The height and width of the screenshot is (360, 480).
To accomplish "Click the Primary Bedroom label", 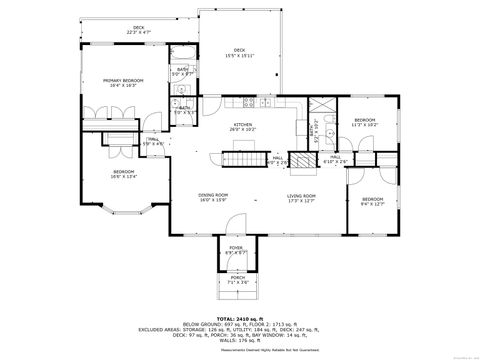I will (x=126, y=80).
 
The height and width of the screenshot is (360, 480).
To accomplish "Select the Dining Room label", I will (x=214, y=195).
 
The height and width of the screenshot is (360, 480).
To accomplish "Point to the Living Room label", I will (x=301, y=195).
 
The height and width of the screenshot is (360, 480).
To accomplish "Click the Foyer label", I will (x=236, y=247).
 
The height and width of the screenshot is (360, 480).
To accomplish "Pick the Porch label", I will (x=237, y=280).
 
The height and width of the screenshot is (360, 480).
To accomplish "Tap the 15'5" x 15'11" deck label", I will (x=239, y=50).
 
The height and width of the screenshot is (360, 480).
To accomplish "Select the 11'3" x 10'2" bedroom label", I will (x=364, y=120).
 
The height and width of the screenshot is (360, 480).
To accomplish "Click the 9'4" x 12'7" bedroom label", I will (x=372, y=200).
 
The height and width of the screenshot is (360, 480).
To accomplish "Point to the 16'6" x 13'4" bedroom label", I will (x=124, y=171).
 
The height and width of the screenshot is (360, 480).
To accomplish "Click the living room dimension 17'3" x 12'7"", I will (x=301, y=200).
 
